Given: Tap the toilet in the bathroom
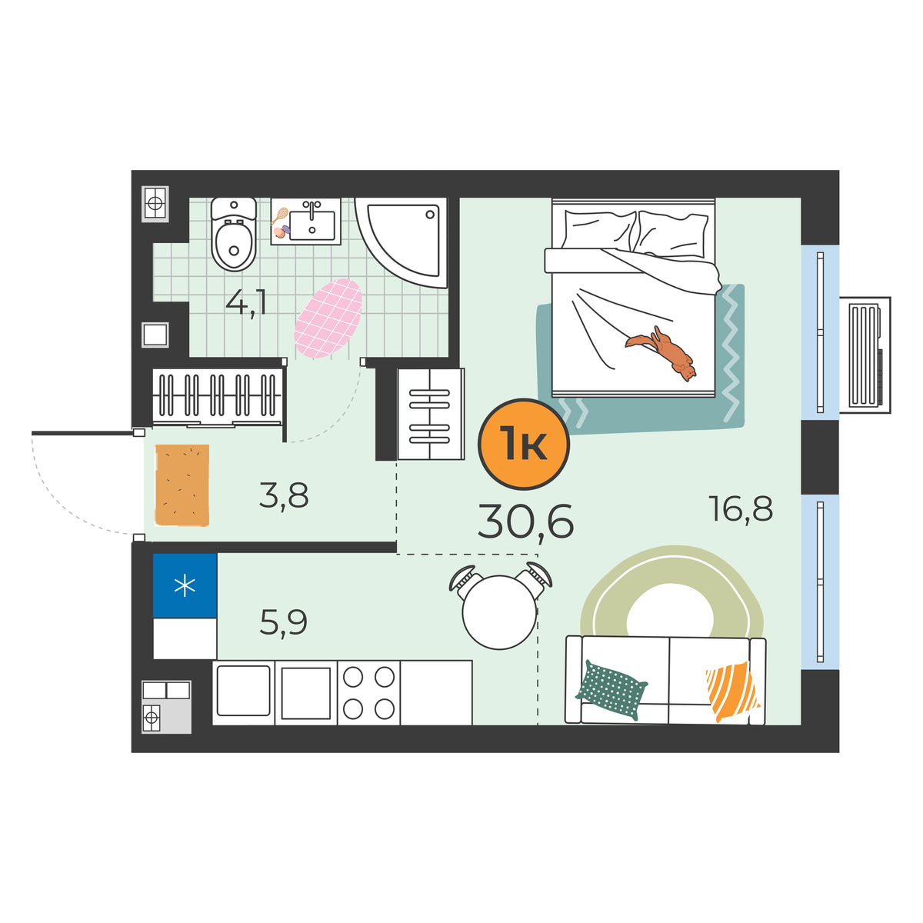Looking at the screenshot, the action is (x=234, y=235).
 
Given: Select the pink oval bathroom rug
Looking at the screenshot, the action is (x=328, y=318).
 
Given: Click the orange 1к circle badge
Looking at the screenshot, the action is (x=524, y=444).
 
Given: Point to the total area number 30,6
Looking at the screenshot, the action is (x=525, y=522).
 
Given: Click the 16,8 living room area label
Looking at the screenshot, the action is (x=741, y=508).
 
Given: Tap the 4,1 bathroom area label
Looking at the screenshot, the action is (x=245, y=303).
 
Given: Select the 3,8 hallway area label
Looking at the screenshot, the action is (x=284, y=496).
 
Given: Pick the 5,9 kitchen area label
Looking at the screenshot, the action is (x=284, y=622).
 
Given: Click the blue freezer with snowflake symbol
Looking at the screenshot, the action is (x=185, y=586).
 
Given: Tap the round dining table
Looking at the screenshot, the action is (x=499, y=612).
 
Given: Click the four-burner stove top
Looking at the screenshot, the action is (x=369, y=692).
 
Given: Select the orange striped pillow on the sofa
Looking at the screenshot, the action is (x=731, y=691).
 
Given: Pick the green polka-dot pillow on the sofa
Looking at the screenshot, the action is (x=611, y=689).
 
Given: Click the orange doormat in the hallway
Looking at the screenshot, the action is (x=182, y=485).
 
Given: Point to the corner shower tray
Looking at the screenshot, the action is (x=402, y=243).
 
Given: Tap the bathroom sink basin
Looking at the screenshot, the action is (x=312, y=225).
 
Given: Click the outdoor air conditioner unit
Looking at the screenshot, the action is (x=865, y=355).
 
